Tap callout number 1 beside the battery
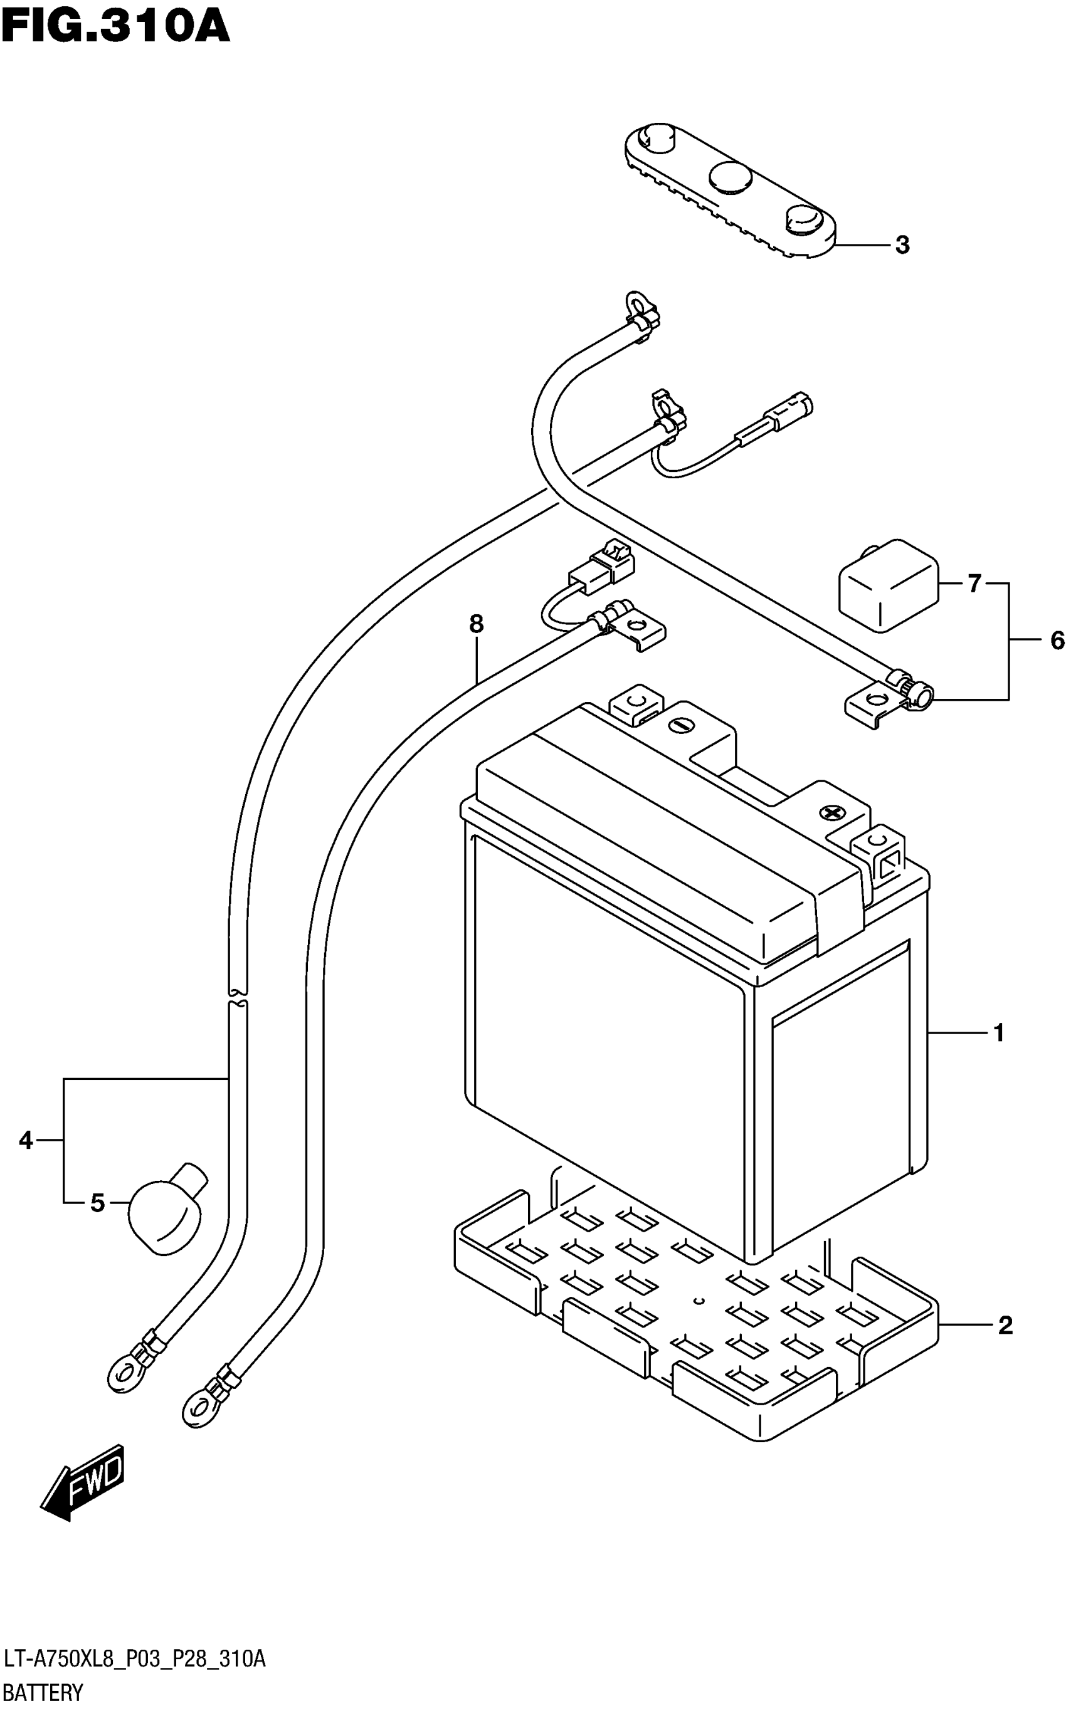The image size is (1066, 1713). point(998,1034)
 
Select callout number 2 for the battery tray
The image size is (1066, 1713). point(1005,1326)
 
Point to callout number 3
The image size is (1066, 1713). point(902,245)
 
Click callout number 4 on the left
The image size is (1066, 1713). point(26,1140)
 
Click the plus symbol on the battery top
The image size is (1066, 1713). point(832,813)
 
